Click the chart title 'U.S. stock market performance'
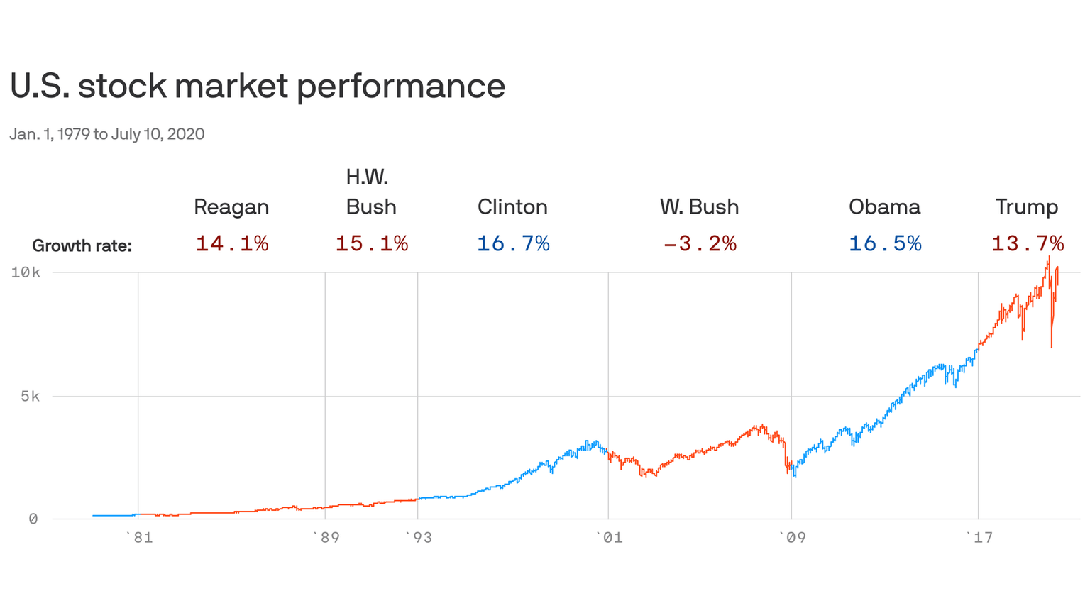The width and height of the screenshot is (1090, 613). (258, 87)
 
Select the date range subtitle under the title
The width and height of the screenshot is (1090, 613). (107, 134)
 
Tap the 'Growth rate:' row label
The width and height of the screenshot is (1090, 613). (82, 246)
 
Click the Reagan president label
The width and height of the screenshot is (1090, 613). (231, 207)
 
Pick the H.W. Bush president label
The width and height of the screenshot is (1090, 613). (370, 192)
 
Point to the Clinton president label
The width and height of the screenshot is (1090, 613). (512, 207)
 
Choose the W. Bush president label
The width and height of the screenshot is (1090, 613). (699, 207)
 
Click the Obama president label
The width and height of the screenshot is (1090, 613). (884, 207)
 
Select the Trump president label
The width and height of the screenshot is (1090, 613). (1026, 207)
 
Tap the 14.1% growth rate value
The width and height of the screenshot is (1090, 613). (231, 244)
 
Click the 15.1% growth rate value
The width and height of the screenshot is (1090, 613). (371, 244)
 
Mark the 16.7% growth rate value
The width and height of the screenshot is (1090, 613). (512, 244)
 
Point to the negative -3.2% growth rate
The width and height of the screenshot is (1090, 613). (699, 244)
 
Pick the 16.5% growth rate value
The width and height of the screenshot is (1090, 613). (884, 244)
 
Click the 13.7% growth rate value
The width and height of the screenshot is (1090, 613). (1027, 244)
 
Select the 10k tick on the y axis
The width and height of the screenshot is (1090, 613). (25, 272)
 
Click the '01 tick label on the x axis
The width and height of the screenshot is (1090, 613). (609, 537)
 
